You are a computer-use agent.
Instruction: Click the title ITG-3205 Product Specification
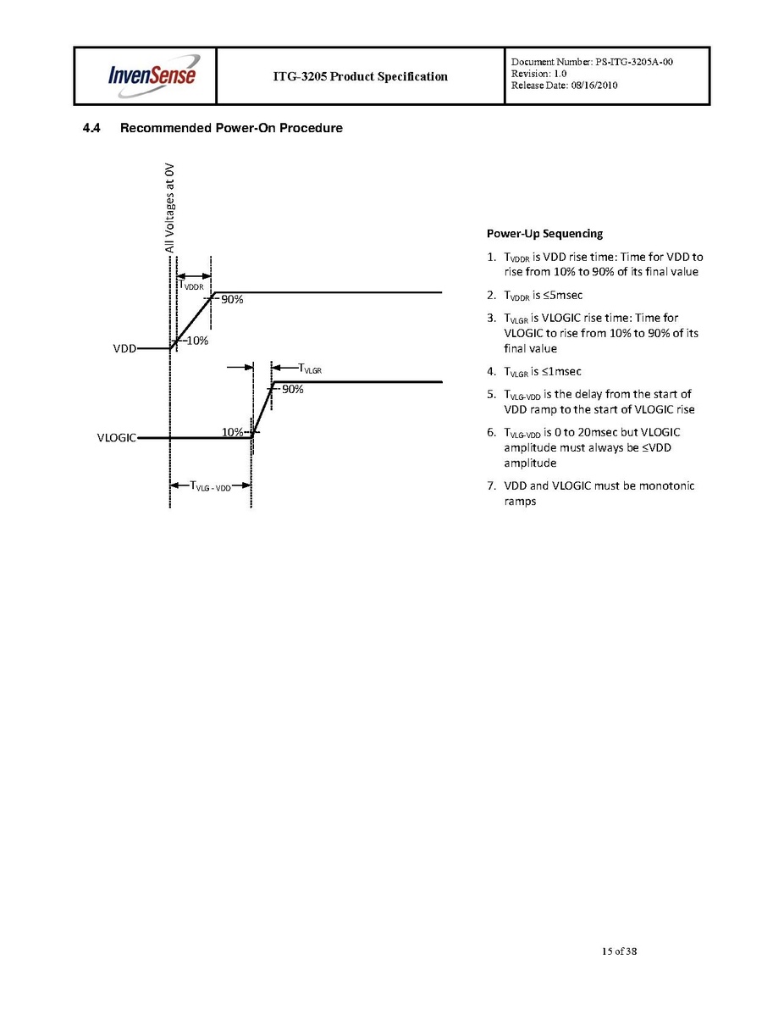coord(360,76)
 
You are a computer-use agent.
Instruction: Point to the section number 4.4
coord(91,129)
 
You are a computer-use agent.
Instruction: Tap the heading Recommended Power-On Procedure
coord(231,129)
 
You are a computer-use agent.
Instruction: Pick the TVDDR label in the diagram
coord(190,286)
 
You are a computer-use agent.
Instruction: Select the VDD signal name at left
coord(124,348)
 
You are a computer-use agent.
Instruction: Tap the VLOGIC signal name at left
coord(117,438)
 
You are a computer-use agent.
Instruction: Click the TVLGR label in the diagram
coord(310,368)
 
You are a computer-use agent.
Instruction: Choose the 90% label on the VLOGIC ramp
coord(293,390)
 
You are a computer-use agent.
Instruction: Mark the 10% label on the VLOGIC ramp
coord(233,432)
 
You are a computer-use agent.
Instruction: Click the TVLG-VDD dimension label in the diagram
coord(211,486)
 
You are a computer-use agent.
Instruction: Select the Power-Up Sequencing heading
coord(544,234)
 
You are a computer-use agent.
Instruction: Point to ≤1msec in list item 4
coord(560,371)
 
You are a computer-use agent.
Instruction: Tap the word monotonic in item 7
coord(667,485)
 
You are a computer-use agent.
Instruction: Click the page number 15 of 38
coord(619,951)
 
